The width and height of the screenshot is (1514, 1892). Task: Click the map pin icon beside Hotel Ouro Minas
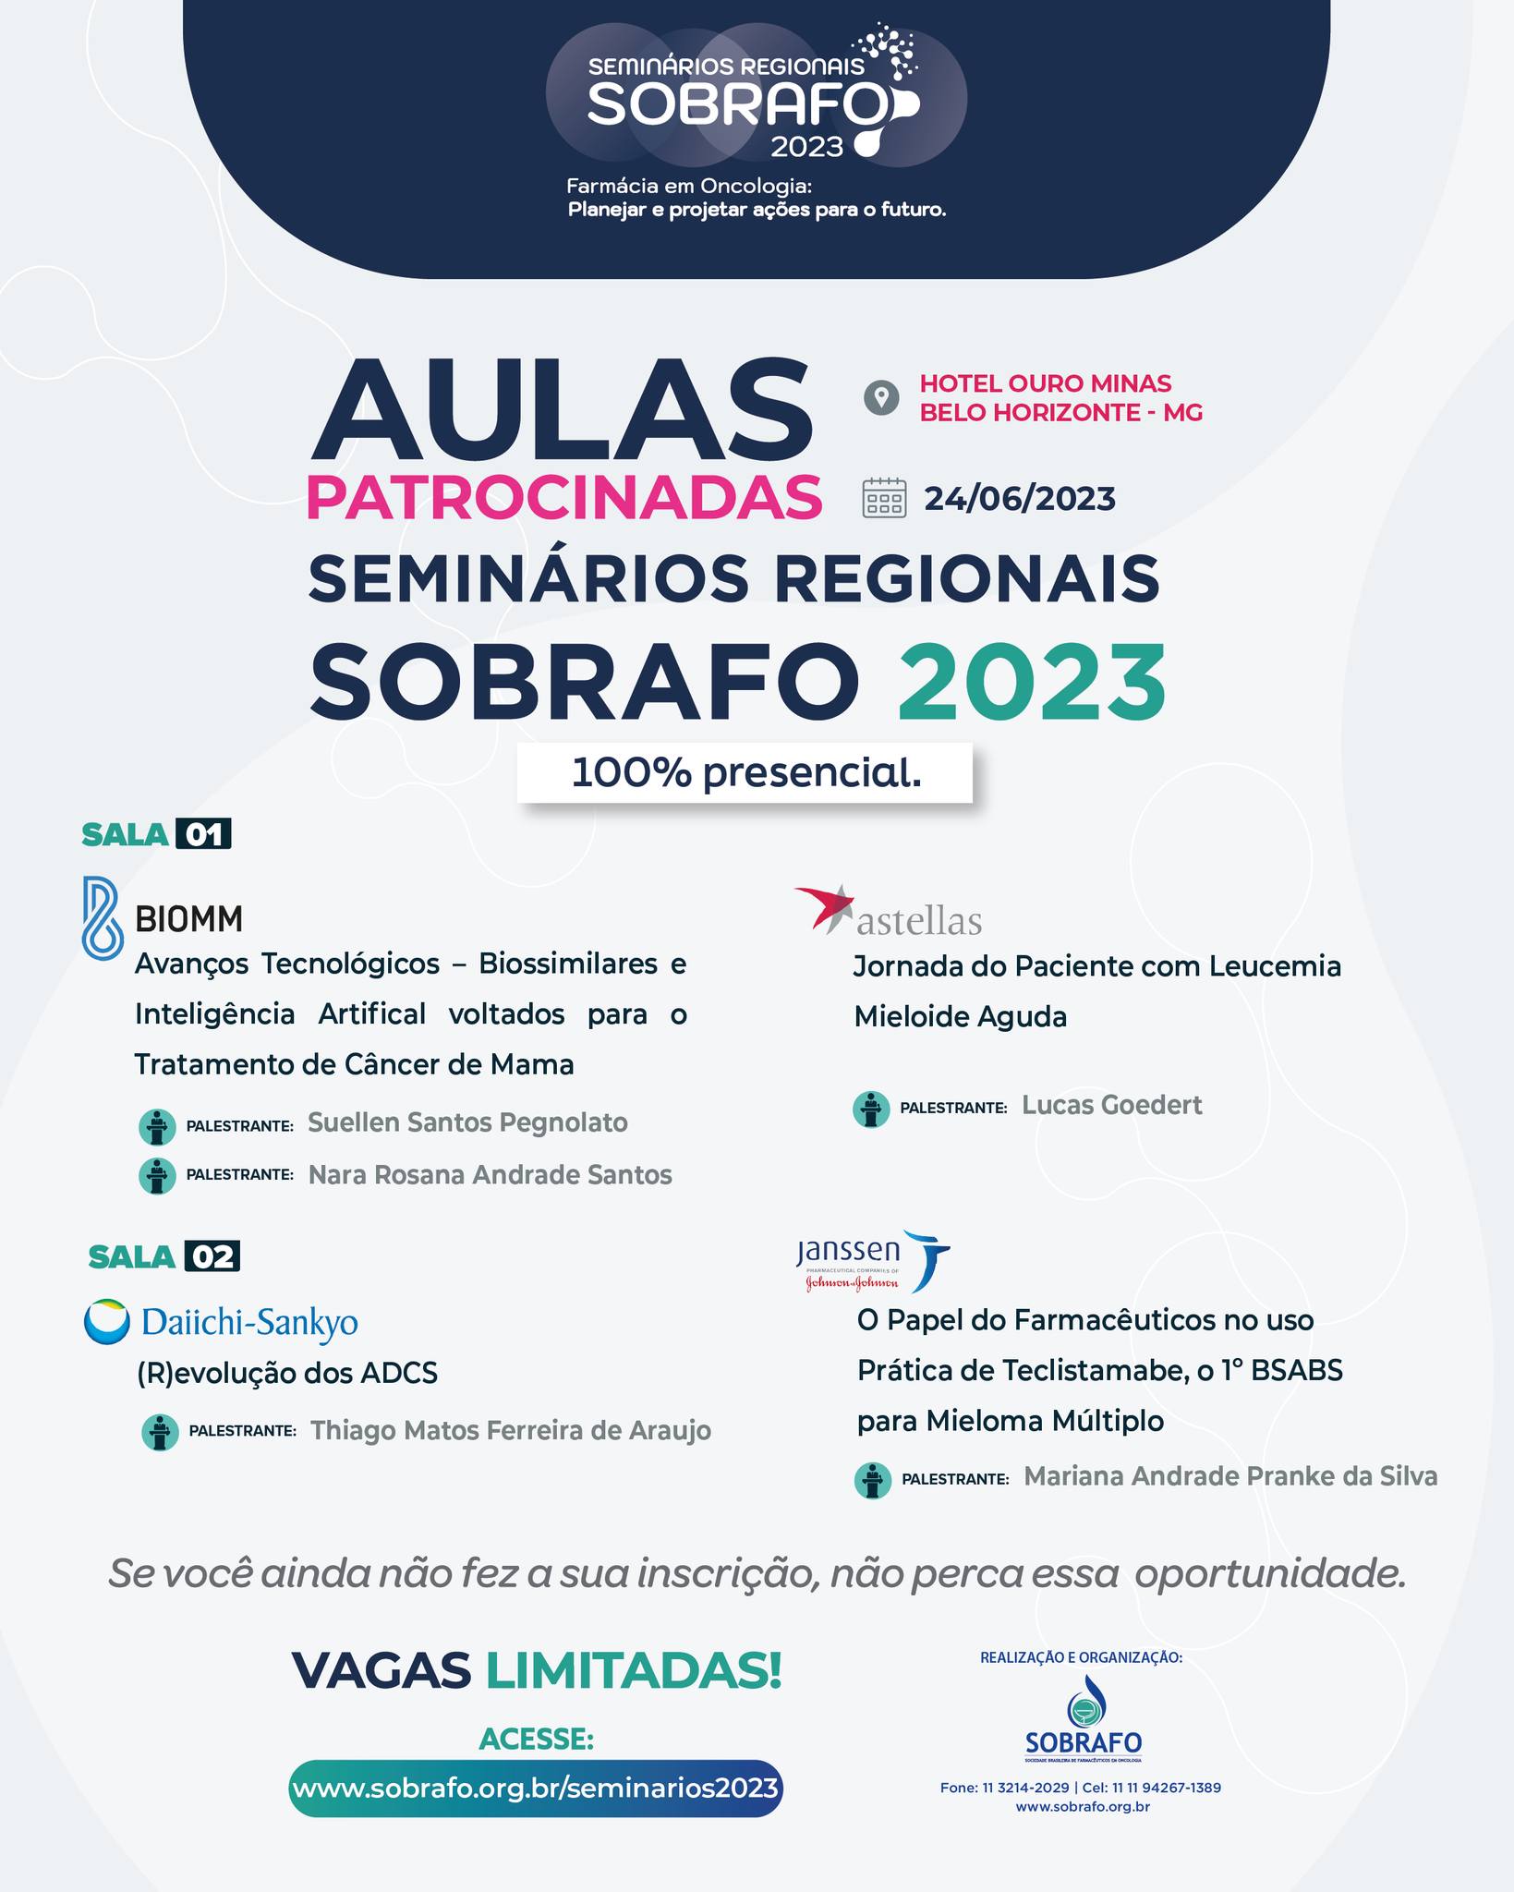pos(881,398)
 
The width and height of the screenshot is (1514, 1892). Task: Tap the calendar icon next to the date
pos(884,498)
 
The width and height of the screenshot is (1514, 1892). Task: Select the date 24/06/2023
pos(1020,499)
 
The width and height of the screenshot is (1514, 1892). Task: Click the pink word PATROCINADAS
pos(563,498)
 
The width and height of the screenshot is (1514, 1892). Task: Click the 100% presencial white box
pos(745,772)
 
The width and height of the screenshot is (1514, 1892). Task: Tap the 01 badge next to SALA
pos(204,834)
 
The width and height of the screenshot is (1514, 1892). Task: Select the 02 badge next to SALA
pos(212,1256)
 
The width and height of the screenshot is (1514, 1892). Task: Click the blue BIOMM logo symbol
pos(102,916)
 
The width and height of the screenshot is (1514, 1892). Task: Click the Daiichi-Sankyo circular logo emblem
pos(107,1322)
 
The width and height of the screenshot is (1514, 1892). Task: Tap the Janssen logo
pos(873,1261)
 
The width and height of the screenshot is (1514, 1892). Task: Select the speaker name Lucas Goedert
pos(1111,1105)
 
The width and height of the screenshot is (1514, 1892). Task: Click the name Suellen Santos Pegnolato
pos(467,1122)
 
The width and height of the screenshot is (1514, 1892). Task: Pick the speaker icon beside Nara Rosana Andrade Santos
pos(157,1176)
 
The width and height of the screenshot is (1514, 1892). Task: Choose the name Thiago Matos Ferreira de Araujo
pos(510,1430)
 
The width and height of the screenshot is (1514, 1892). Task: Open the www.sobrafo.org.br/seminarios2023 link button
pos(536,1788)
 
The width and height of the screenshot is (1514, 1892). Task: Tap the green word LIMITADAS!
pos(634,1670)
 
